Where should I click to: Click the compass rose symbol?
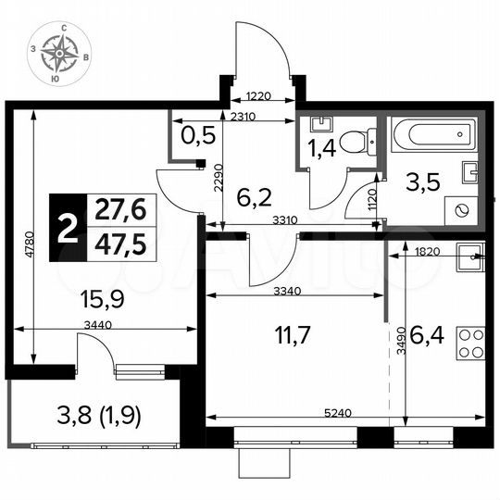click(63, 57)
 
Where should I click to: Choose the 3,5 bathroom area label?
click(426, 180)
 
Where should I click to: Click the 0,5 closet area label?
click(196, 137)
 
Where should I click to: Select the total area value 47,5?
click(120, 245)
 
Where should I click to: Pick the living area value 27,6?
click(120, 211)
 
